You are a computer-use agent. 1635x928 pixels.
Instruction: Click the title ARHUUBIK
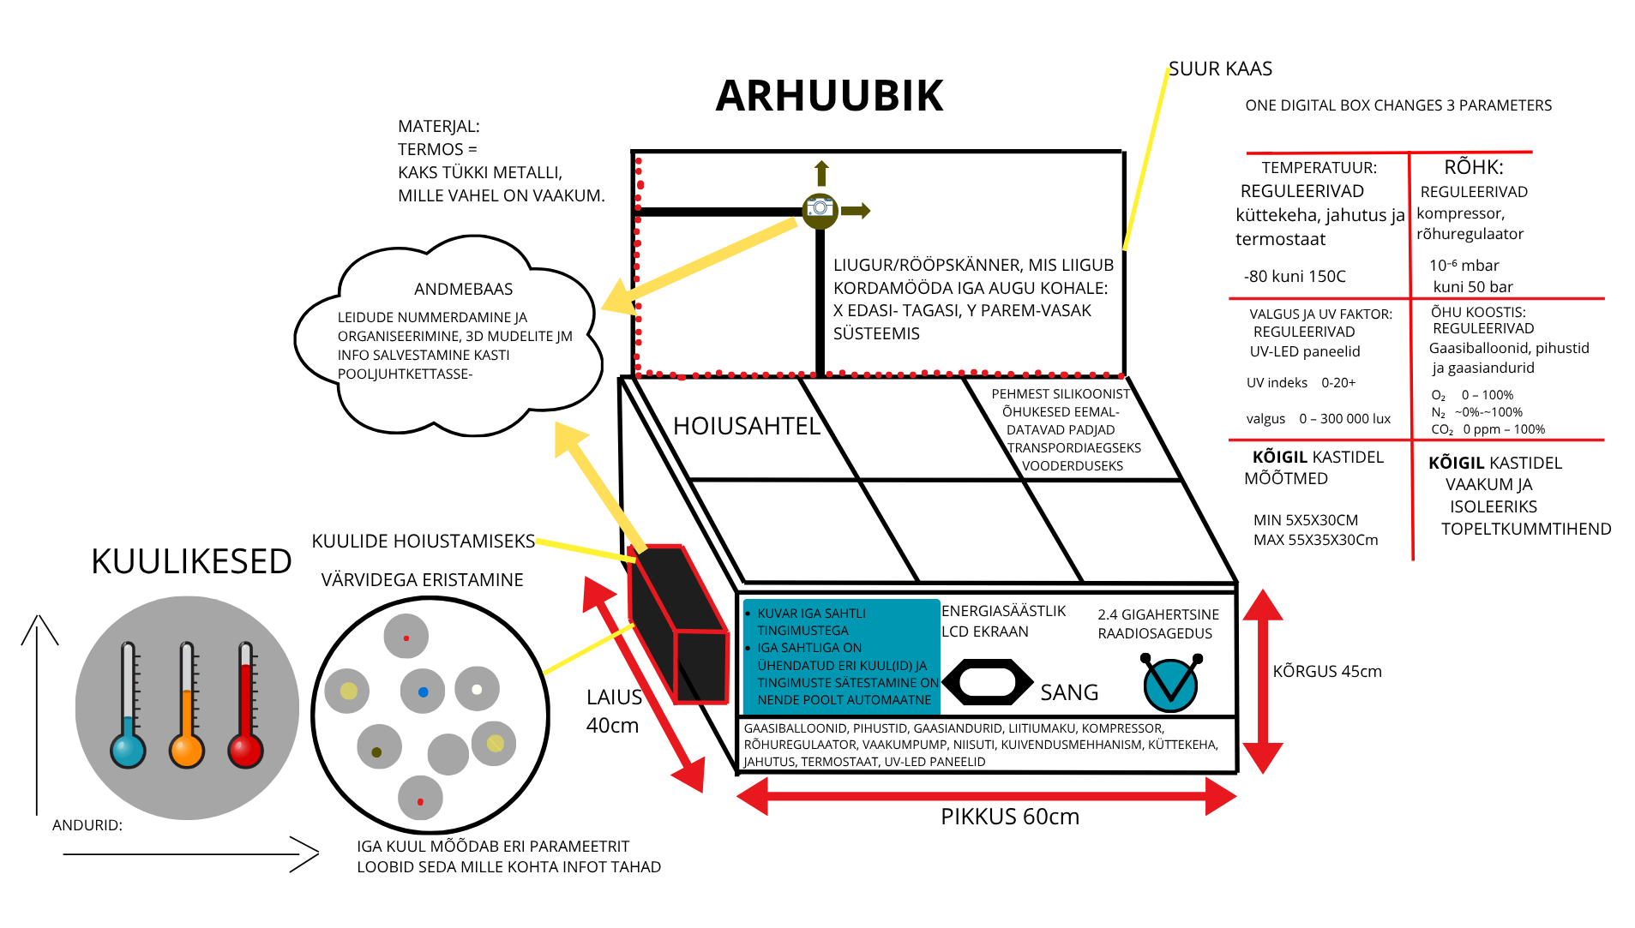tap(828, 95)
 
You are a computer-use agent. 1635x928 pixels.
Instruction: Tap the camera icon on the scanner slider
tap(820, 208)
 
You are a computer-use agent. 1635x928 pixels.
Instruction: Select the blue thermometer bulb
tap(128, 751)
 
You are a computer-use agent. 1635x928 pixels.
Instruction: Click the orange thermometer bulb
tap(187, 751)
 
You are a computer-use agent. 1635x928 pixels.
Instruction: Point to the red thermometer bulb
tap(245, 751)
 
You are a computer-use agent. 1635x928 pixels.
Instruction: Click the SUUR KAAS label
tap(1220, 69)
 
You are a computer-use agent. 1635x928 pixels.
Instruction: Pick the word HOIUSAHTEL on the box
tap(746, 426)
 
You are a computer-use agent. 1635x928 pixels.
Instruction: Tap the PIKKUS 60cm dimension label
tap(1009, 817)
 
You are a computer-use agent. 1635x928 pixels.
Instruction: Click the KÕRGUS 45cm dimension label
tap(1326, 671)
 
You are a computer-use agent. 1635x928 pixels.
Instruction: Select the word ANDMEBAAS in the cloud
tap(463, 289)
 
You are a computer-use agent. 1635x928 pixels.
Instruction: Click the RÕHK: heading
tap(1473, 167)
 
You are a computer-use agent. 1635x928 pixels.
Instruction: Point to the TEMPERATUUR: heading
tap(1319, 168)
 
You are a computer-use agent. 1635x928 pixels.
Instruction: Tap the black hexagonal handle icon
tap(987, 682)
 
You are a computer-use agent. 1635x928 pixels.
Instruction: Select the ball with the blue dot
tap(423, 692)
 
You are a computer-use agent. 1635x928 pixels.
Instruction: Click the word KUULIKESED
tap(191, 561)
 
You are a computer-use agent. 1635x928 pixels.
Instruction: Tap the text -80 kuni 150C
tap(1295, 277)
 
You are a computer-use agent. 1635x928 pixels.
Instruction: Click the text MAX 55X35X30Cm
tap(1315, 540)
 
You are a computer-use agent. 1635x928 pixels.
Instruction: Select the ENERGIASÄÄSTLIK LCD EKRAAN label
tap(1003, 621)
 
